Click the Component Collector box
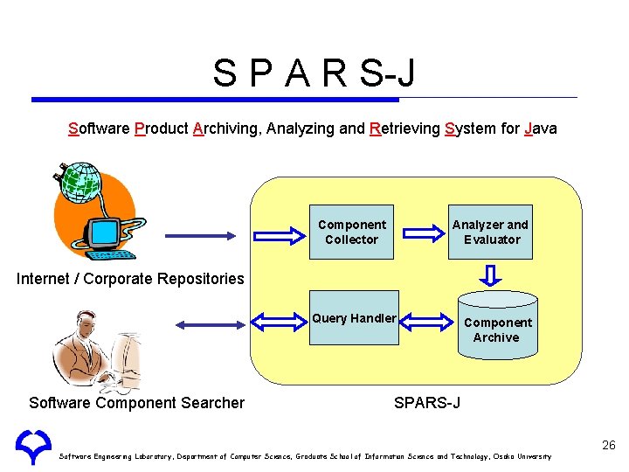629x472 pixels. point(352,232)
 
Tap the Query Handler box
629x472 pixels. point(354,318)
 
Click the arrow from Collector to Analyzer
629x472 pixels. point(425,233)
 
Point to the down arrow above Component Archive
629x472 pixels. point(493,275)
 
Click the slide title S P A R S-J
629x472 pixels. point(314,73)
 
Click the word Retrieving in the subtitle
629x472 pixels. point(404,129)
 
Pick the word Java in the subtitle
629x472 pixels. point(541,129)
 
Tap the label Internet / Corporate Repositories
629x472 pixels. point(131,279)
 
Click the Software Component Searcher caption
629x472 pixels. point(136,403)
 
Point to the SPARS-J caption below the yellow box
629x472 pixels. point(427,403)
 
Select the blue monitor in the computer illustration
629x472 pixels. point(105,232)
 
